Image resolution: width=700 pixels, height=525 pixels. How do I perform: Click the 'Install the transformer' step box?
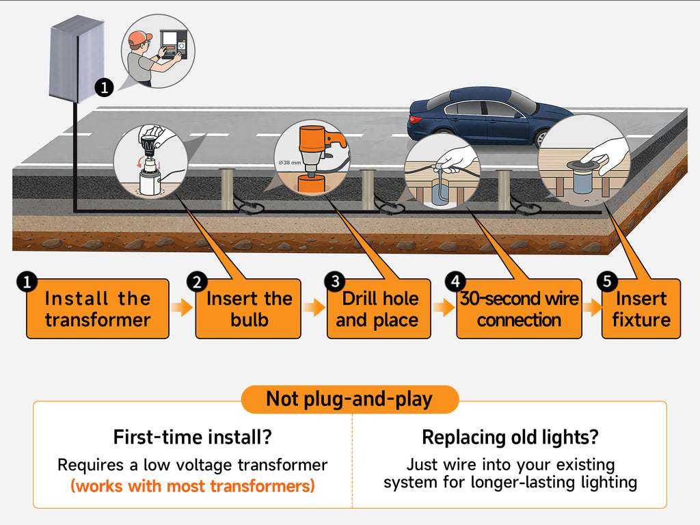coord(98,309)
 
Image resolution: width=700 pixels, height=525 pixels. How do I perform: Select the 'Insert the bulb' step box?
coord(249,309)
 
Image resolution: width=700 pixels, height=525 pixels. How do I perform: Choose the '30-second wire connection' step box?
coord(519,309)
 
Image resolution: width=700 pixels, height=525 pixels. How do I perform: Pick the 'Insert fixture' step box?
coord(641,309)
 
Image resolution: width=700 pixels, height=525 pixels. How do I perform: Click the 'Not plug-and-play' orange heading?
coord(349,399)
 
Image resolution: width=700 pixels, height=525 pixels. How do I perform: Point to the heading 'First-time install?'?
coord(192,437)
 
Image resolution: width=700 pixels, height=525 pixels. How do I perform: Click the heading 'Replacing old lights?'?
coord(510,437)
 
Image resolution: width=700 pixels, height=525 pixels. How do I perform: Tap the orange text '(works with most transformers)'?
coord(192,487)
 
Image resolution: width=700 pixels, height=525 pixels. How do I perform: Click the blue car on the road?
coord(489,115)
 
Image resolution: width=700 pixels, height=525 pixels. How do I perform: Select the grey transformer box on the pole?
coord(76,58)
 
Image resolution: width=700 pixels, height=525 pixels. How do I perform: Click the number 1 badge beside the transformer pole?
coord(104,87)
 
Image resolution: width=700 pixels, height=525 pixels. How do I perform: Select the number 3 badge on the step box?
coord(335,281)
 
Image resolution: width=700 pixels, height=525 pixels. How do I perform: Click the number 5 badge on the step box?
coord(606,281)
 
